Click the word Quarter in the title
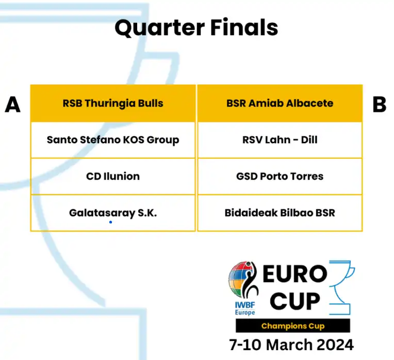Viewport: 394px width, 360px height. click(159, 28)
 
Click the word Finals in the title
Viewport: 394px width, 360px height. click(244, 27)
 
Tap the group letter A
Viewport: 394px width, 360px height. click(12, 105)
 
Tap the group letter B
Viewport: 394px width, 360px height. click(379, 105)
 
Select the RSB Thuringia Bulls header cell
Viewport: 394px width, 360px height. click(113, 103)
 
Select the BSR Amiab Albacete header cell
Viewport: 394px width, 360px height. click(280, 103)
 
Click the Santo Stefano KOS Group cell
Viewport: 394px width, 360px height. click(113, 140)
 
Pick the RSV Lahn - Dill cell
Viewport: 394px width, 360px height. click(280, 140)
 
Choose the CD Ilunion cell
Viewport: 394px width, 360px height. click(113, 176)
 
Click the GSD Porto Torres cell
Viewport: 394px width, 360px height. click(280, 176)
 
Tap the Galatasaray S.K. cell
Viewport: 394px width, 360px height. click(113, 213)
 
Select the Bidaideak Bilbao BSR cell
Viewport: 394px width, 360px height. click(280, 213)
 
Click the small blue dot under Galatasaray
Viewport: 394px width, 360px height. click(110, 222)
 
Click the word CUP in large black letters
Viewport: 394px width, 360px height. click(295, 301)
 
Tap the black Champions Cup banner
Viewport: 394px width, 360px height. click(293, 325)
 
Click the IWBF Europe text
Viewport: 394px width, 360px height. click(245, 308)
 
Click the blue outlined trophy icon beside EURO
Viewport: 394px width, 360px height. click(342, 287)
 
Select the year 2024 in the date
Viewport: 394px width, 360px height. click(335, 345)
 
